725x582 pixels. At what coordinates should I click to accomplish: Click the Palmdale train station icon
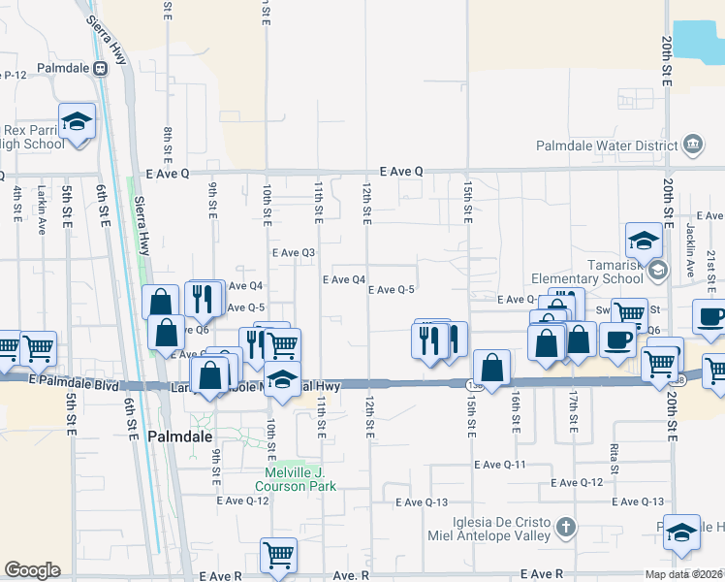(100, 69)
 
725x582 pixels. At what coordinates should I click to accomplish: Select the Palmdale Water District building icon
(693, 145)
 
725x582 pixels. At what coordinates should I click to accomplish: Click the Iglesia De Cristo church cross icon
(568, 529)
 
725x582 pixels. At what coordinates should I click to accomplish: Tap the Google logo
(32, 570)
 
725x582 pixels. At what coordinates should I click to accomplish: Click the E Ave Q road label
(401, 171)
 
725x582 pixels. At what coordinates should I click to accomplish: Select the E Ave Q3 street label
(295, 252)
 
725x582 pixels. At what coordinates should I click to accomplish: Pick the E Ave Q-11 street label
(500, 465)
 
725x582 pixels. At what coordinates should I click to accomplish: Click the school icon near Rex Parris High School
(77, 121)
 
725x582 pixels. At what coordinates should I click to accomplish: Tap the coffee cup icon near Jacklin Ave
(710, 317)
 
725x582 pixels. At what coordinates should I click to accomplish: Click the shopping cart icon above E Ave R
(278, 555)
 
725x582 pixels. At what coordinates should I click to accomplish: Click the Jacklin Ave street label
(691, 260)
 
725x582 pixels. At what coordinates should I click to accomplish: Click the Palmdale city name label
(181, 437)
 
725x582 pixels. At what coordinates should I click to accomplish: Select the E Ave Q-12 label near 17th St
(577, 482)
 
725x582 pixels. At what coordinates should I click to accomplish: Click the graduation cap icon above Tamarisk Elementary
(643, 240)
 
